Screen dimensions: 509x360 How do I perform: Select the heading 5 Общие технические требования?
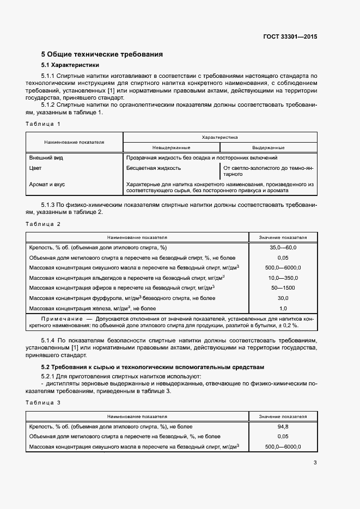click(102, 54)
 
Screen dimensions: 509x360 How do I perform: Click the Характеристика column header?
click(219, 138)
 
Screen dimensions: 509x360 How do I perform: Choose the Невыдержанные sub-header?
click(171, 148)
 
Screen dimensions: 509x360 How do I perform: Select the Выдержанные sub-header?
click(268, 148)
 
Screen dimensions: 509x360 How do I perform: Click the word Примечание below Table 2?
click(60, 318)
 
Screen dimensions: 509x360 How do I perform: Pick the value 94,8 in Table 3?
click(283, 427)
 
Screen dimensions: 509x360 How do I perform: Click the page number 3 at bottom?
click(315, 463)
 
